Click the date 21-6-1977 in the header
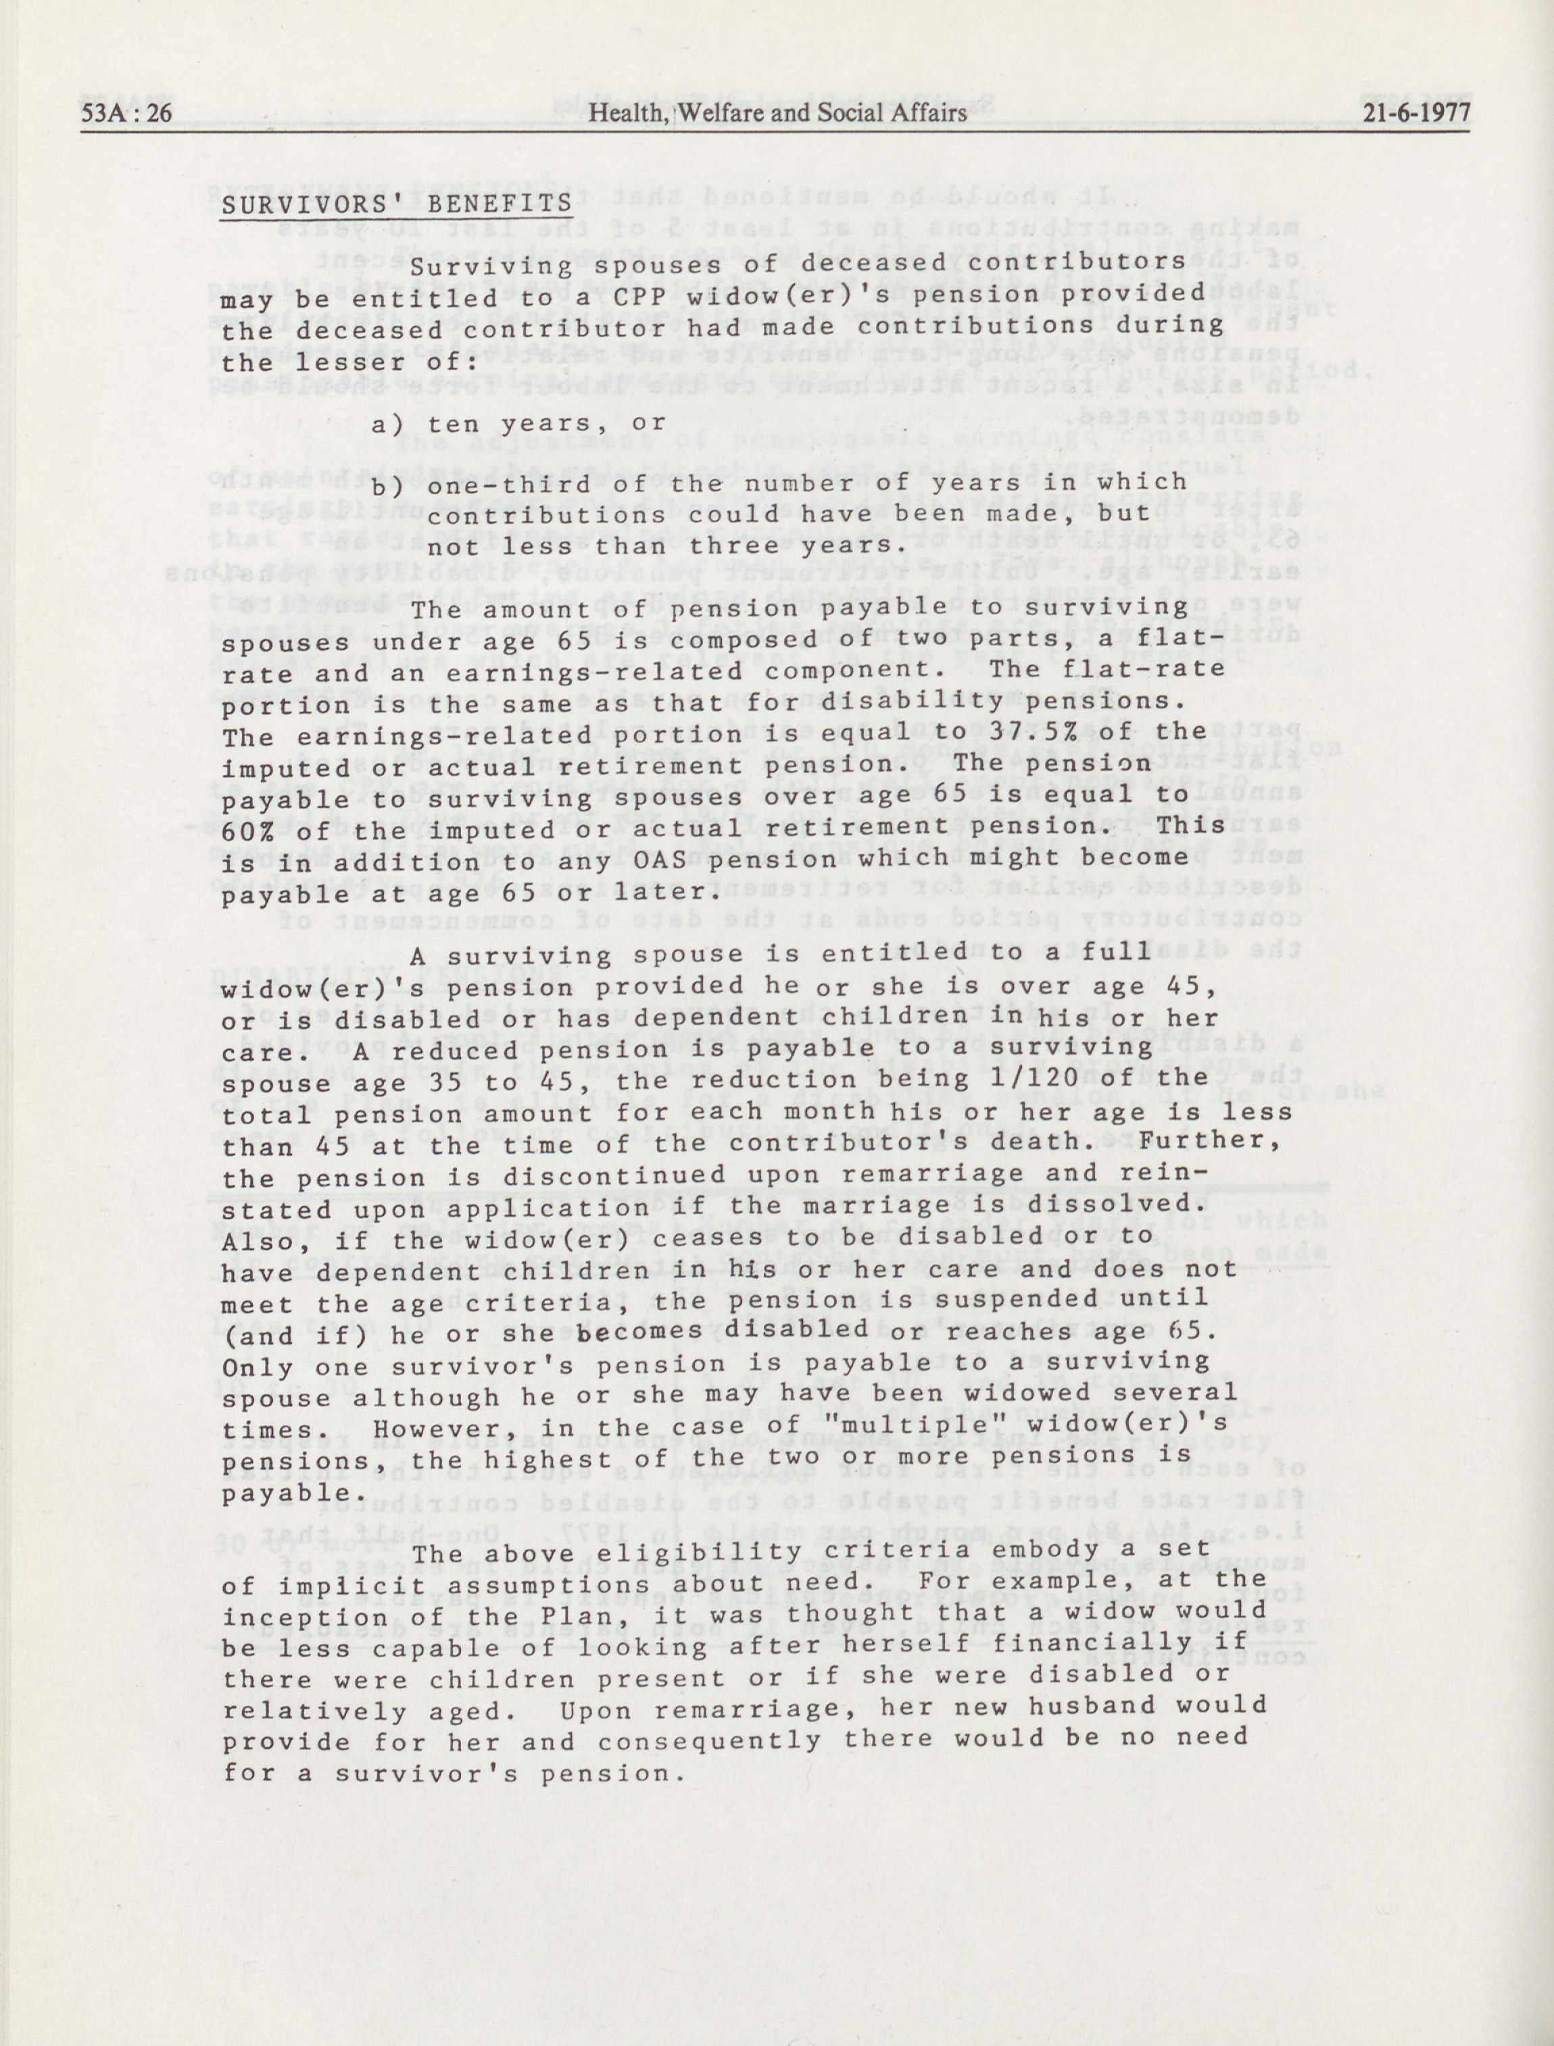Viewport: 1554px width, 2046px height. point(1416,113)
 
